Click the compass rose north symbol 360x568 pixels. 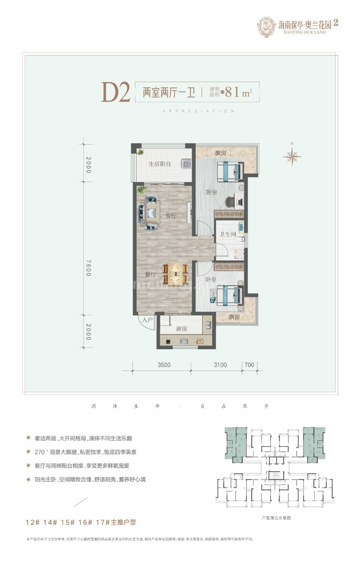[292, 156]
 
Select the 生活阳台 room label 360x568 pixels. [159, 164]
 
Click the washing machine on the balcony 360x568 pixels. [186, 164]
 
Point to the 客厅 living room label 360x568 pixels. [171, 217]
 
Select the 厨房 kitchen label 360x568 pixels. [181, 329]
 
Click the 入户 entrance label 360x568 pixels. [147, 319]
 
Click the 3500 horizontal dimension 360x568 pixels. [163, 365]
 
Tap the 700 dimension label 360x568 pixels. [249, 365]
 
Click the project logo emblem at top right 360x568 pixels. [266, 27]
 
